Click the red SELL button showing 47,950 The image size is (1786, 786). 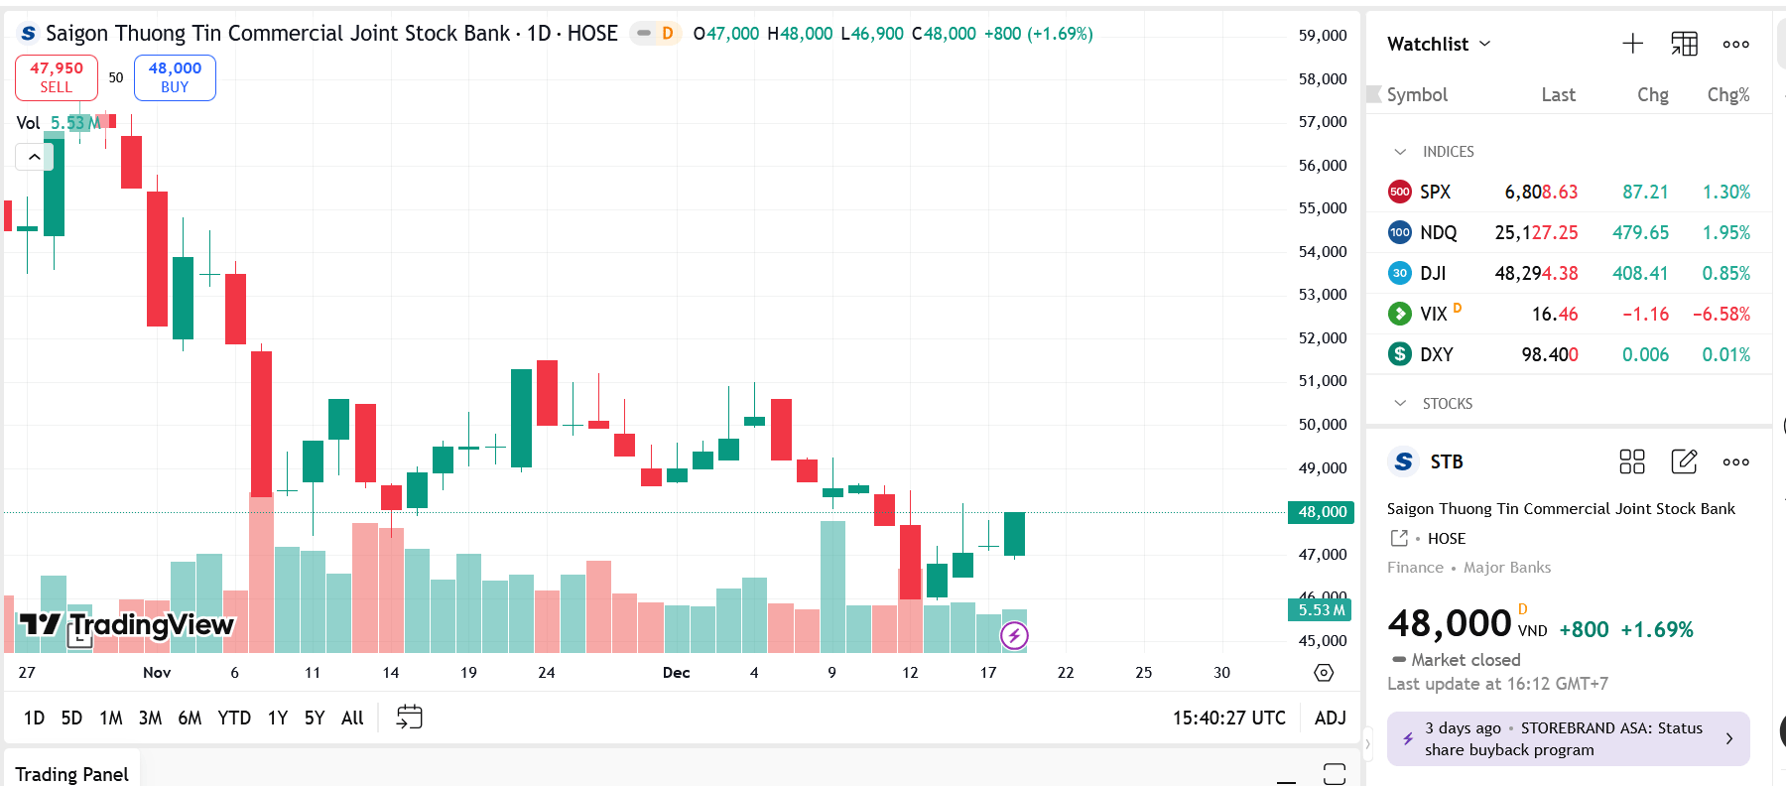click(57, 77)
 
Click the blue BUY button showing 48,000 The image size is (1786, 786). click(175, 77)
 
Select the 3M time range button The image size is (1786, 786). click(150, 718)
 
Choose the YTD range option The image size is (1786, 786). click(234, 718)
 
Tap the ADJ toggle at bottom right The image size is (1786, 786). click(1330, 718)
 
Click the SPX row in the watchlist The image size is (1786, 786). click(1568, 192)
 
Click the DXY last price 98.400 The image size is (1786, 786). click(1549, 354)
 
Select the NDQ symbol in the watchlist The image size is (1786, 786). click(1438, 232)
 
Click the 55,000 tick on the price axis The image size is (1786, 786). click(1323, 207)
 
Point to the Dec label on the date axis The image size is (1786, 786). click(676, 672)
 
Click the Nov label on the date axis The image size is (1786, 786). click(157, 672)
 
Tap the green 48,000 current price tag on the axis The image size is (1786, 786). click(1322, 512)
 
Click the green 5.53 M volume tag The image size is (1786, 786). click(1321, 609)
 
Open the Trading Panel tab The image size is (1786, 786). click(71, 773)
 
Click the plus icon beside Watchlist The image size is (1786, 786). click(1632, 44)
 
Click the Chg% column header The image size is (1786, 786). click(1727, 94)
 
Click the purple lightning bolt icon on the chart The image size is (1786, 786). click(1014, 635)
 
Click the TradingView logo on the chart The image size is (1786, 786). click(126, 624)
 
